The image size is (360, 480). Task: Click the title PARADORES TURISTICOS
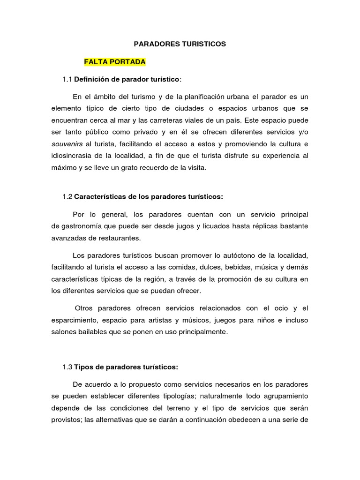(180, 44)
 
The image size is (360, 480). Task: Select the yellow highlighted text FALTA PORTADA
(115, 62)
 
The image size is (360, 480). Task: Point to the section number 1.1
(67, 80)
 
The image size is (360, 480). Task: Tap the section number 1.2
(67, 196)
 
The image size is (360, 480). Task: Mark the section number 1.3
(67, 367)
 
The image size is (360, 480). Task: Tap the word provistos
(66, 420)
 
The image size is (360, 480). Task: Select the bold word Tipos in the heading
(84, 367)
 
